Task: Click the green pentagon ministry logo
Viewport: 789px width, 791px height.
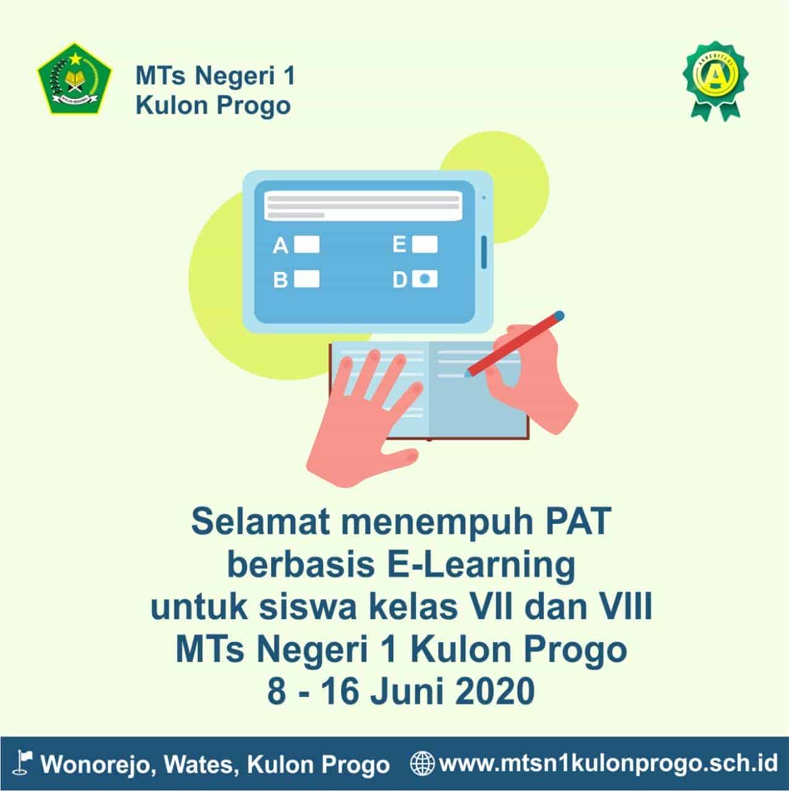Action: pos(74,78)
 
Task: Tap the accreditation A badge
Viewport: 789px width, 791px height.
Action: pos(715,81)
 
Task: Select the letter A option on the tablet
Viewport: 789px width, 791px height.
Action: pos(281,246)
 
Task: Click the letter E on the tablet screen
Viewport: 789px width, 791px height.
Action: pos(399,245)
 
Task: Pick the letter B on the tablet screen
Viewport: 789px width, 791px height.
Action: pos(281,280)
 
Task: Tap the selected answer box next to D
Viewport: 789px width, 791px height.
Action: pos(424,279)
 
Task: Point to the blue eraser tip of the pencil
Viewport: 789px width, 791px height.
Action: pos(559,316)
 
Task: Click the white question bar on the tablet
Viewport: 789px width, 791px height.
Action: pos(363,205)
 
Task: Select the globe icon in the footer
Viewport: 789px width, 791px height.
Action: pos(423,763)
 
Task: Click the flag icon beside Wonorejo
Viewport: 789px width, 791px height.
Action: pos(22,763)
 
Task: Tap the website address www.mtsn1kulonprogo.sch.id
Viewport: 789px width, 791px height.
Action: pos(609,763)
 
